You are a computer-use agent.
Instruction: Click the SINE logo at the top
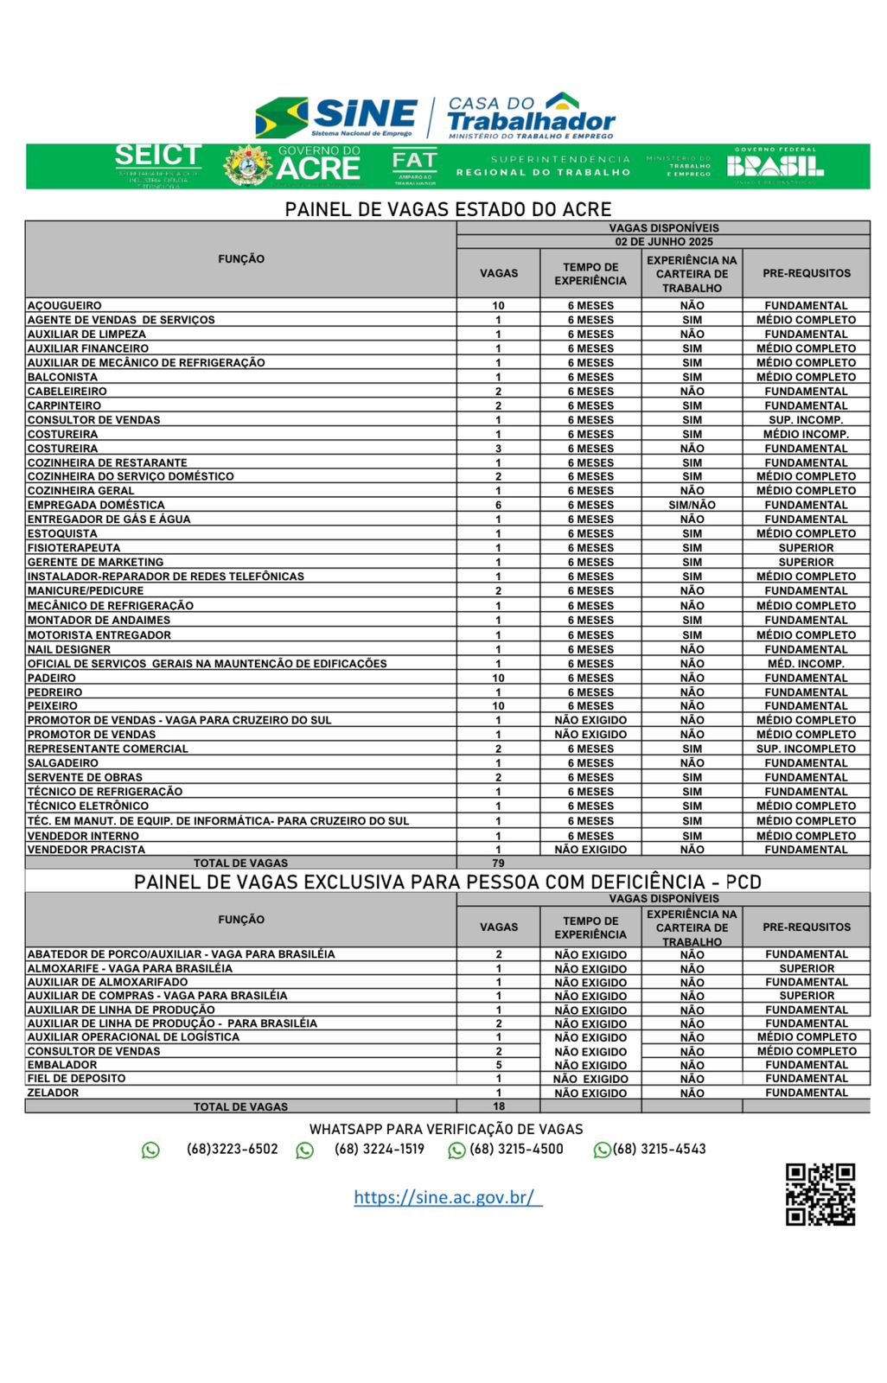[337, 117]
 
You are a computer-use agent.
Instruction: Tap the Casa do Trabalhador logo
[531, 116]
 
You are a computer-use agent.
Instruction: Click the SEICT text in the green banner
[158, 156]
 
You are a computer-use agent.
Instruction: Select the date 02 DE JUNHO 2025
[663, 242]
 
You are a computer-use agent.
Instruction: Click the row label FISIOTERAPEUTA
[73, 548]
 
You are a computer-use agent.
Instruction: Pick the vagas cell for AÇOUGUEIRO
[498, 306]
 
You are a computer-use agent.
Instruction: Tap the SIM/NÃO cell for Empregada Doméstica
[692, 505]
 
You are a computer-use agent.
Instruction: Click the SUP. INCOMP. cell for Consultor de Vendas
[806, 420]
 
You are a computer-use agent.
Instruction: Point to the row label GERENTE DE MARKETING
[95, 562]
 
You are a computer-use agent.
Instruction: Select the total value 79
[498, 863]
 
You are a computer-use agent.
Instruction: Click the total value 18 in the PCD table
[499, 1106]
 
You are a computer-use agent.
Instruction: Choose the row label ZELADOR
[53, 1093]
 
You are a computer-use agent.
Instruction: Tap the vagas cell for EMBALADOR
[499, 1065]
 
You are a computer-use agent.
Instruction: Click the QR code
[820, 1194]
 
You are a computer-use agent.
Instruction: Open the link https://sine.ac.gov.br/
[448, 1197]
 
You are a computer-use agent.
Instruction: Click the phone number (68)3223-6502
[232, 1150]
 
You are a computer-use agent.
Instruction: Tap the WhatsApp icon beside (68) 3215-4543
[602, 1150]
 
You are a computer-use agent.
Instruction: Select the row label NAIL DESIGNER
[69, 649]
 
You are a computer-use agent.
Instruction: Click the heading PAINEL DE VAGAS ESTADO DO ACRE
[448, 209]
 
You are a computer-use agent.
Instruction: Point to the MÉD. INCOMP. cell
[806, 664]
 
